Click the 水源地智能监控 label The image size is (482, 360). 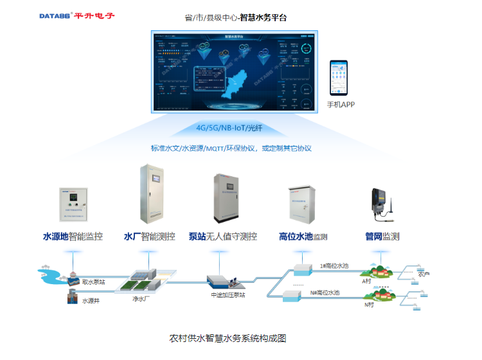coord(73,237)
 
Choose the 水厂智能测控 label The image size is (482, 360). coord(150,237)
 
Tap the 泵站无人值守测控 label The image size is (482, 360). coord(223,237)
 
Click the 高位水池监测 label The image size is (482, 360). coord(303,237)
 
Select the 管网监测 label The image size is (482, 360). coord(382,237)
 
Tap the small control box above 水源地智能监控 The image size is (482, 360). coord(73,205)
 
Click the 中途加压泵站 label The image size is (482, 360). coord(228,296)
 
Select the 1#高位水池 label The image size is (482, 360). coord(334,265)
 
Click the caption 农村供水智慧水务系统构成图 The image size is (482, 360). coord(227,337)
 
